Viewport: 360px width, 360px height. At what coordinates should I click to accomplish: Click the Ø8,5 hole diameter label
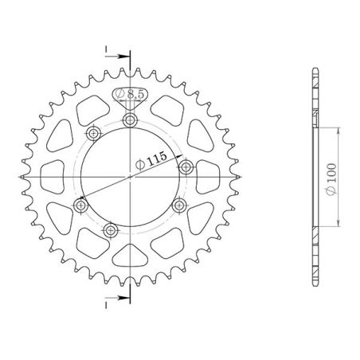(x=131, y=95)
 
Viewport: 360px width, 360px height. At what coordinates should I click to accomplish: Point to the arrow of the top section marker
(x=123, y=57)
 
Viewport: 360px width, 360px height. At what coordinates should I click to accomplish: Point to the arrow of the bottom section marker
(x=123, y=296)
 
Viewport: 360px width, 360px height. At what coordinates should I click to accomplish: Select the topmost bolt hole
(x=130, y=119)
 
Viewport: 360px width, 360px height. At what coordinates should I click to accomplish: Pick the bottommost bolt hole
(x=111, y=230)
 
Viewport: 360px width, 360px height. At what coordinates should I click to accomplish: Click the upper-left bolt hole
(x=94, y=133)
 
